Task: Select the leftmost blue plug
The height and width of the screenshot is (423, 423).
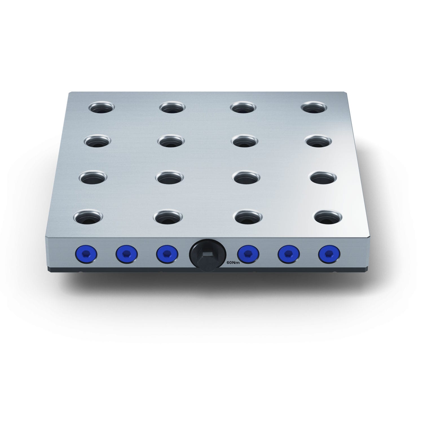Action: pos(86,254)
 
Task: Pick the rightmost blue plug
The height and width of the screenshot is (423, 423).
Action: pos(329,254)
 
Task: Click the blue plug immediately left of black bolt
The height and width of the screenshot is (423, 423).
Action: pos(167,254)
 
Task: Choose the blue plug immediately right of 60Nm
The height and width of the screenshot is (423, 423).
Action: pos(248,254)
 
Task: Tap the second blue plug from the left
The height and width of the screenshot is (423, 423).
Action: pos(127,254)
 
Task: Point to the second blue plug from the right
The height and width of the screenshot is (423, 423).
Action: pos(288,254)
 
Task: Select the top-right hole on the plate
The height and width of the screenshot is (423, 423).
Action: pos(314,107)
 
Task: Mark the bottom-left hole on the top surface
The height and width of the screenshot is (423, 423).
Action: pos(88,217)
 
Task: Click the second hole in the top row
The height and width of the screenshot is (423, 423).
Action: pos(172,107)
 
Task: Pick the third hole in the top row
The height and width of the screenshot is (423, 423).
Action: pos(243,107)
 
